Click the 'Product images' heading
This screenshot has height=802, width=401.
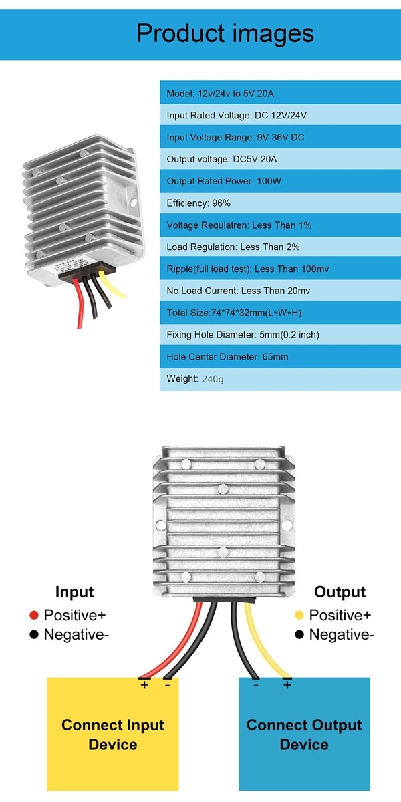point(225,33)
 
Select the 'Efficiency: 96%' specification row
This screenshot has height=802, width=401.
point(280,203)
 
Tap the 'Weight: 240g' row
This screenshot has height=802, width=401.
point(280,379)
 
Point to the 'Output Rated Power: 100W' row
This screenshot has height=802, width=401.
point(280,181)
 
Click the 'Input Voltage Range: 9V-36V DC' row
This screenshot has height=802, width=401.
point(280,137)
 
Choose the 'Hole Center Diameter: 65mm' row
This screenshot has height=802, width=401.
point(280,357)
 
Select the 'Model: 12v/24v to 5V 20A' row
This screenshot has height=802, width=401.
point(280,93)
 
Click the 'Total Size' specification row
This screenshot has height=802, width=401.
point(280,313)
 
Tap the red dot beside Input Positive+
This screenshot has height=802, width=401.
point(34,615)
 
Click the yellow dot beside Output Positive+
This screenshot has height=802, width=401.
point(299,615)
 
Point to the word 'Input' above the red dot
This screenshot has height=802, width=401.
point(74,592)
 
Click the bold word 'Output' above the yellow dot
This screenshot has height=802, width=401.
point(340,592)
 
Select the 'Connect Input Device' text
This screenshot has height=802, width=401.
point(113,734)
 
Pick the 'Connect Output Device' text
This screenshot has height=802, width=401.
point(304,734)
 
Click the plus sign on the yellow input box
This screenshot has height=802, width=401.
point(144,685)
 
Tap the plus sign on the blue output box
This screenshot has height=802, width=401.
point(287,685)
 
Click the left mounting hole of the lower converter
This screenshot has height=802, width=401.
point(161,525)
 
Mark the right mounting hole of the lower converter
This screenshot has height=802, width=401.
point(287,525)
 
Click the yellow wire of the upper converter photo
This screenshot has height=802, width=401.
point(111,285)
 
